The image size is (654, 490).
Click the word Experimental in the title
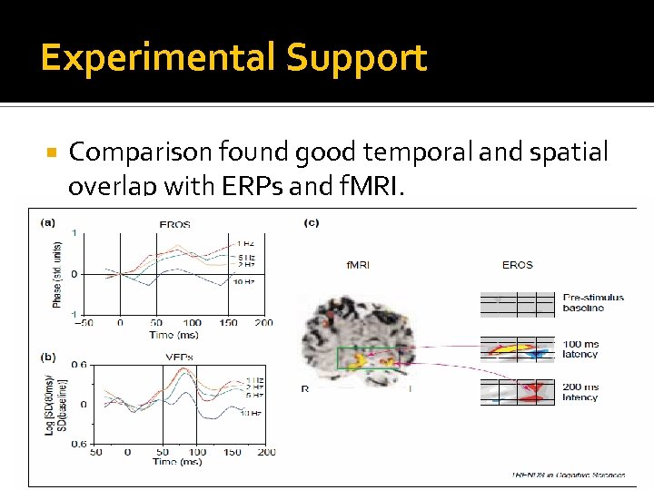coord(156,58)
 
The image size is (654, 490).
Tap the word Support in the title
coord(356,58)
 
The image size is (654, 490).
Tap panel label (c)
coord(311,222)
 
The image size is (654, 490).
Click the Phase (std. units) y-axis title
coord(56,272)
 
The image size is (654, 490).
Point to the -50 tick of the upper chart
coord(84,322)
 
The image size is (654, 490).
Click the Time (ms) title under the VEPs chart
coord(175,462)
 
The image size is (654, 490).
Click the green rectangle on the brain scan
coord(364,360)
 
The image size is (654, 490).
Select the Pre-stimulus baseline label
coord(593,303)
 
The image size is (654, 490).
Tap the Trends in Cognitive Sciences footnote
coord(556,475)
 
